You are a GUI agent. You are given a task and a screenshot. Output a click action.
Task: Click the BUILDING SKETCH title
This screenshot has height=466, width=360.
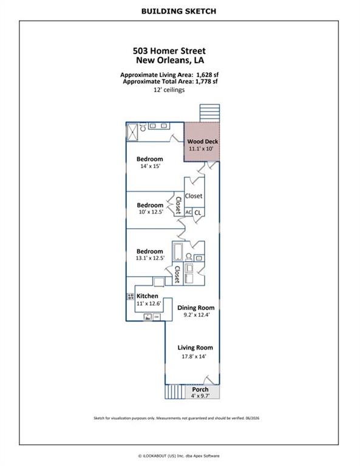[178, 12]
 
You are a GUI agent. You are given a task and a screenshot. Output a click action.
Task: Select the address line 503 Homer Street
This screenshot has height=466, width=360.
[169, 51]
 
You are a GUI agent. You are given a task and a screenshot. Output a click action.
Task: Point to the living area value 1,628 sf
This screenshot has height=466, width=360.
[207, 75]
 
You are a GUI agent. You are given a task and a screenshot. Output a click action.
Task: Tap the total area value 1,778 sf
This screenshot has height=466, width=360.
[206, 81]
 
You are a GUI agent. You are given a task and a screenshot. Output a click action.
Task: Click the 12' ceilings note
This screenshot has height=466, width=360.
[169, 90]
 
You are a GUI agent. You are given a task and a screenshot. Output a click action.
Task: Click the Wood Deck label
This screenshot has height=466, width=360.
[202, 142]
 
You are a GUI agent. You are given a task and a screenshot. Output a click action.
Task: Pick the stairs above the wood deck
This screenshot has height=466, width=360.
[209, 113]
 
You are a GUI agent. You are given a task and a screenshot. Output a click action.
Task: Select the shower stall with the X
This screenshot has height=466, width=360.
[132, 132]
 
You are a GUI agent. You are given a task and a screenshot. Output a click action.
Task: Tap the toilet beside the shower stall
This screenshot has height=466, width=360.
[143, 127]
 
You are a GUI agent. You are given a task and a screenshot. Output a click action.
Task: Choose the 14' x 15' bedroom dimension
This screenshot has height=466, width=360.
[150, 166]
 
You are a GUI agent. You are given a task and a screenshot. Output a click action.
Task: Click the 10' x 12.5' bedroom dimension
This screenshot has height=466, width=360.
[151, 212]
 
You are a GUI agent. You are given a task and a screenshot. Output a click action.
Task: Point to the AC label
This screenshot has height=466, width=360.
[188, 212]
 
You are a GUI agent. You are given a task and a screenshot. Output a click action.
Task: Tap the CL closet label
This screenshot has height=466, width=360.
[198, 212]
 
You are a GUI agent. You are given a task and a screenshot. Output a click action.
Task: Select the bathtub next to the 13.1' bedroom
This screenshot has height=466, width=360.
[178, 252]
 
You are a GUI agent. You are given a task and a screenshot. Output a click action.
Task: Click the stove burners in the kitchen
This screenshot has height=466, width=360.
[131, 296]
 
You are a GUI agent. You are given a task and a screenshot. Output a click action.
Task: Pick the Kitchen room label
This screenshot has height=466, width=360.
[147, 296]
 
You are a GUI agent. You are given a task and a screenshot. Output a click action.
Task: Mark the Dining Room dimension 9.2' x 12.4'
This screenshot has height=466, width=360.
[197, 315]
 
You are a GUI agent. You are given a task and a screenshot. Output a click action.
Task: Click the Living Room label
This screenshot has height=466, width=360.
[195, 348]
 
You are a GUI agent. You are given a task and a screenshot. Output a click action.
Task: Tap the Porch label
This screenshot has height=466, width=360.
[200, 390]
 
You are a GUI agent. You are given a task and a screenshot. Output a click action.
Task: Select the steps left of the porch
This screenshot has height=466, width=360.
[175, 392]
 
